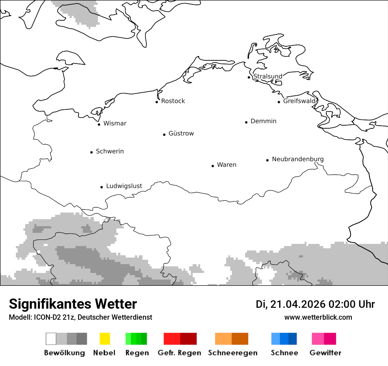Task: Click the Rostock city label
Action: point(173,101)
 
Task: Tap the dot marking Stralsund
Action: point(249,77)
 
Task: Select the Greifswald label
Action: point(299,101)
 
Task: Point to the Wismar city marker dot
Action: point(99,124)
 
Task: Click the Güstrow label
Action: point(181,133)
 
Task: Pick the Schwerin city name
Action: point(110,151)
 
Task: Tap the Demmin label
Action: point(263,121)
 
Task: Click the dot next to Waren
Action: point(213,166)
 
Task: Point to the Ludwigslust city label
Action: point(124,186)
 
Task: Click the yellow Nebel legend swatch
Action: point(104,339)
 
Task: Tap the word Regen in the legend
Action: point(137,353)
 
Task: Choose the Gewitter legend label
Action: point(325,353)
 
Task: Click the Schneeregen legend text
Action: point(232,353)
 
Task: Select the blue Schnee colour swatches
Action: point(284,339)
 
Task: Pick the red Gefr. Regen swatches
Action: point(180,339)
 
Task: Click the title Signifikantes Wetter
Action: point(73,304)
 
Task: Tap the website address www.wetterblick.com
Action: point(318,317)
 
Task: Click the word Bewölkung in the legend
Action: point(64,353)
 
